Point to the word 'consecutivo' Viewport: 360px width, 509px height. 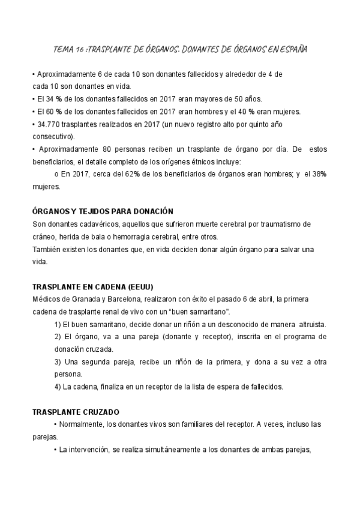pyautogui.click(x=50, y=137)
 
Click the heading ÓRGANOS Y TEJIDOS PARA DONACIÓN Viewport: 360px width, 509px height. pyautogui.click(x=102, y=211)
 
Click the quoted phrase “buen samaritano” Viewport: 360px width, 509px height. pyautogui.click(x=200, y=312)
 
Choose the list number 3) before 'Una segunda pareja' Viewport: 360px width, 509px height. pyautogui.click(x=58, y=362)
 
